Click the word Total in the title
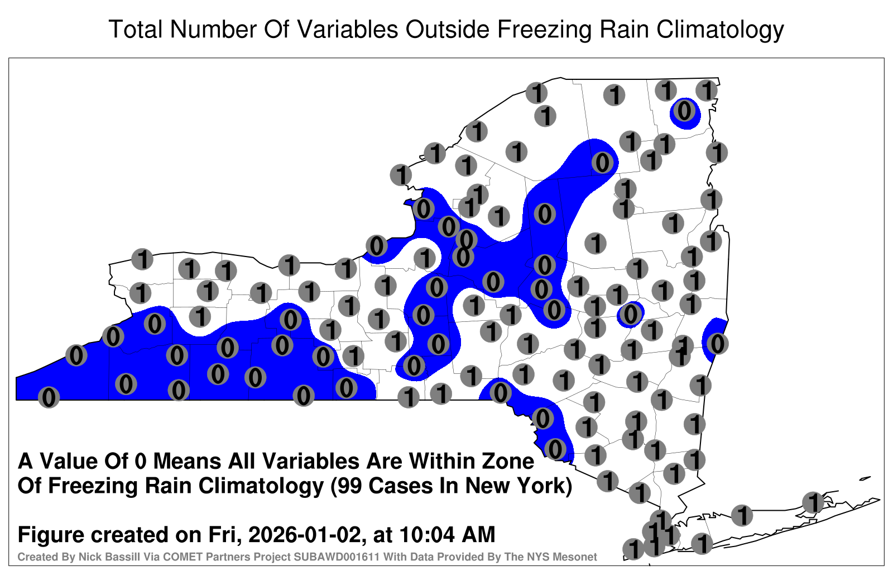point(136,29)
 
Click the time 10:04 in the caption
point(426,535)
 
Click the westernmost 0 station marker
point(49,397)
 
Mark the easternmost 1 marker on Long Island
point(813,502)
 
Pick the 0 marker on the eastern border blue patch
point(717,344)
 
